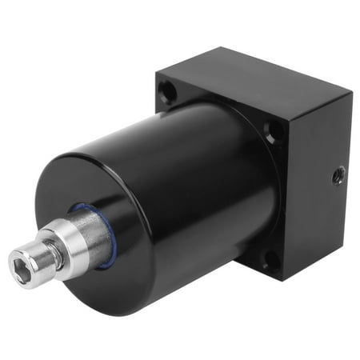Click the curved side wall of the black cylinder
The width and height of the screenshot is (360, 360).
(200, 192)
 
